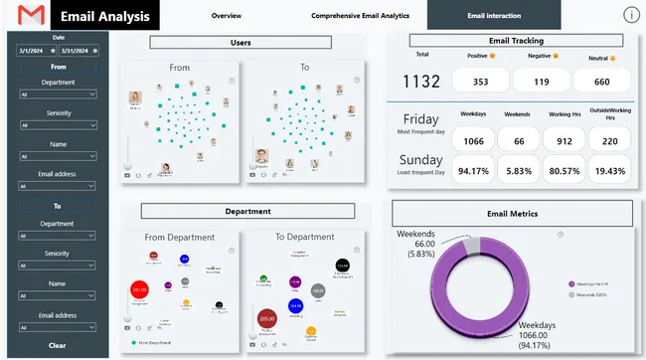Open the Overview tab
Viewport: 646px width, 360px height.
tap(226, 16)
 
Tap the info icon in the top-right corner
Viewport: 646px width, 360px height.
tap(630, 15)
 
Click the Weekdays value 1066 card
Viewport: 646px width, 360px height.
tap(474, 141)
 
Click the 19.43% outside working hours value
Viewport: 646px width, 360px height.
tap(611, 169)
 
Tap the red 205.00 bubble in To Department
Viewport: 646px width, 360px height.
tap(266, 318)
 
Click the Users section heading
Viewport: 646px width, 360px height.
tap(241, 43)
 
